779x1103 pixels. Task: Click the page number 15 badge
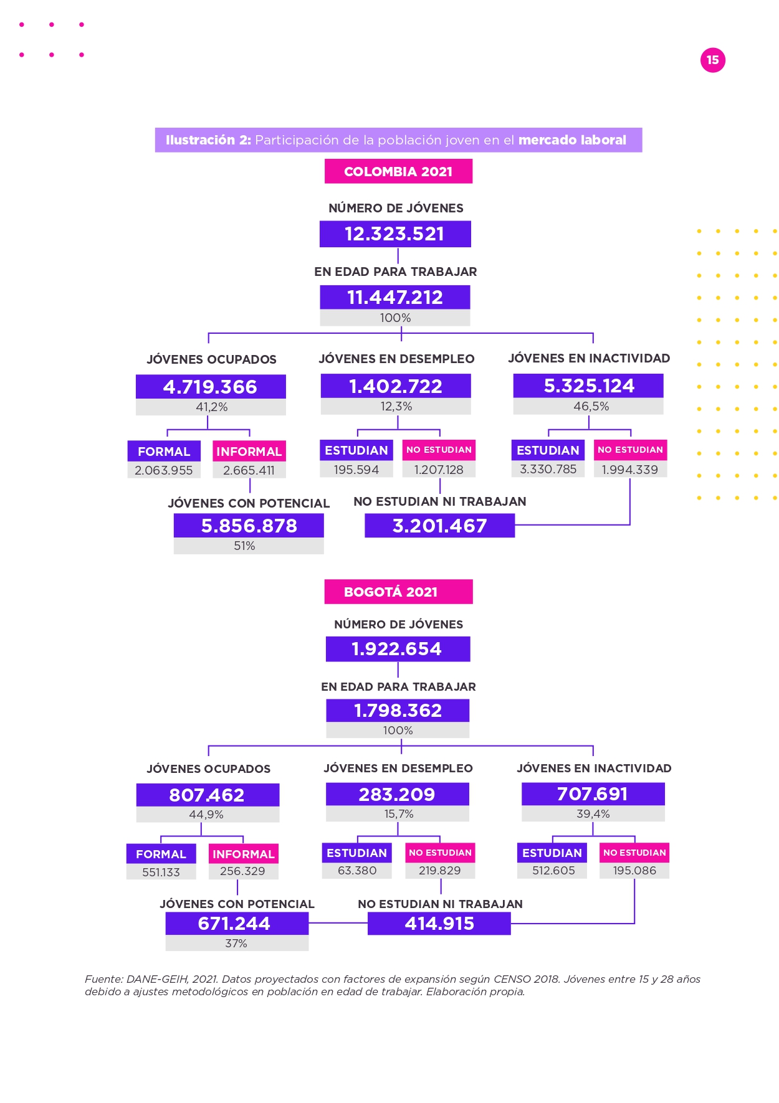712,60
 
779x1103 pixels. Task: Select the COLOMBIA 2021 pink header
398,171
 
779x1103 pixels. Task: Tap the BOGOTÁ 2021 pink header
398,592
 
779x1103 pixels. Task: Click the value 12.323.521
394,234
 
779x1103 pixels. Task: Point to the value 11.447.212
395,297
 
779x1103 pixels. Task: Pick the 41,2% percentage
212,407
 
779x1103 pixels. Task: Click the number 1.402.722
396,386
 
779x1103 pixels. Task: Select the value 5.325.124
589,386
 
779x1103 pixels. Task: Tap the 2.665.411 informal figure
249,470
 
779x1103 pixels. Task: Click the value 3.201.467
439,526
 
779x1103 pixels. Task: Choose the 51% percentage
244,546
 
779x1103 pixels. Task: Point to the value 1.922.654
396,649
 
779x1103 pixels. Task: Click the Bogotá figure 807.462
207,795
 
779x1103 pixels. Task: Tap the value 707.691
593,793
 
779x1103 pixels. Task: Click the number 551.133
161,872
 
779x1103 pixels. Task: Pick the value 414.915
439,924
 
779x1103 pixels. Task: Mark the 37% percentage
236,943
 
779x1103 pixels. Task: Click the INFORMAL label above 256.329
243,854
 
